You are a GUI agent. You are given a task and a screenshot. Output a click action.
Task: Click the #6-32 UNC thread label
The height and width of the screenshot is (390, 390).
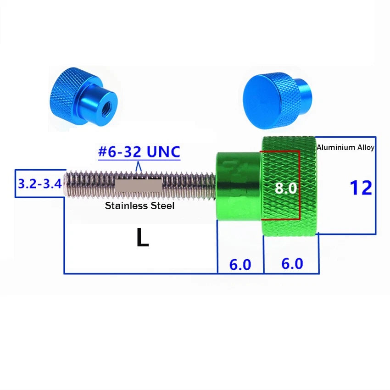pos(139,152)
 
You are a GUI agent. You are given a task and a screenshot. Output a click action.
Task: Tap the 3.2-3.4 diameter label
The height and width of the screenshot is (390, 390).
pos(40,184)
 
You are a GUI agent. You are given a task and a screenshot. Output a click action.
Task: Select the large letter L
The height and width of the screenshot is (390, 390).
pos(143,237)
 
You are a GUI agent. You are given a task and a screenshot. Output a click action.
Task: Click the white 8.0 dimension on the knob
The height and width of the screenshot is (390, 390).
pos(286,188)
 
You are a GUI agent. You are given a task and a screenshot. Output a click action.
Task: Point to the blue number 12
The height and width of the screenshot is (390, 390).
pos(361,188)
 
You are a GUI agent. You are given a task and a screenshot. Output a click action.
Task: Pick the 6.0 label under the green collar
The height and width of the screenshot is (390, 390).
pos(240,264)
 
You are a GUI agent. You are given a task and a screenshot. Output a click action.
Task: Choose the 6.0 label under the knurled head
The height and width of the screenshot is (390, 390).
pos(292,264)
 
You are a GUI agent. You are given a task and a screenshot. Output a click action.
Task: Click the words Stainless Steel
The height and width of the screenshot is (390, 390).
pos(139,206)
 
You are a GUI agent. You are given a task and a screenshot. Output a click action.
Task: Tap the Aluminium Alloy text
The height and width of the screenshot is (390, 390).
pos(345,147)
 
